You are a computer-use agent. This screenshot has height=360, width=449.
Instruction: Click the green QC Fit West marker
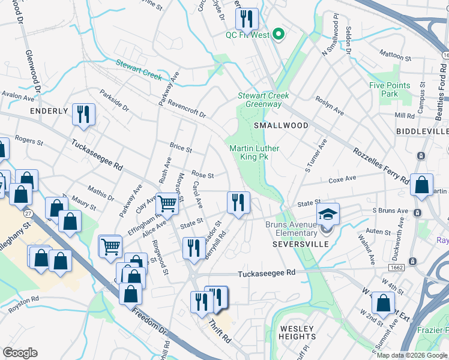[278, 34]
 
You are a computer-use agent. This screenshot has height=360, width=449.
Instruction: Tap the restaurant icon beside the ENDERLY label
[83, 114]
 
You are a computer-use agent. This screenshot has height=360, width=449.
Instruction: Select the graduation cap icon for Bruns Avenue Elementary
[328, 214]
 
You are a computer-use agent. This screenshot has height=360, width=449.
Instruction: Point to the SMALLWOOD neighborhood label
[281, 126]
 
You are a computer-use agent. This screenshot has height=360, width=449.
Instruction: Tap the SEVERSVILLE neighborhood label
[300, 245]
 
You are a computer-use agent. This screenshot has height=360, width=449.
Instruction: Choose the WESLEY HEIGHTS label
[297, 332]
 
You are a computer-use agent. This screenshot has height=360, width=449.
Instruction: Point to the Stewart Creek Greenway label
[264, 100]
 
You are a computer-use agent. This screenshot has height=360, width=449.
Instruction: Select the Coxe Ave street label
[342, 179]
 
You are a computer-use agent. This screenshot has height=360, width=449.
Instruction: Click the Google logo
[20, 353]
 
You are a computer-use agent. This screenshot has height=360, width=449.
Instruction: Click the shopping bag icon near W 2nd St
[382, 302]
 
